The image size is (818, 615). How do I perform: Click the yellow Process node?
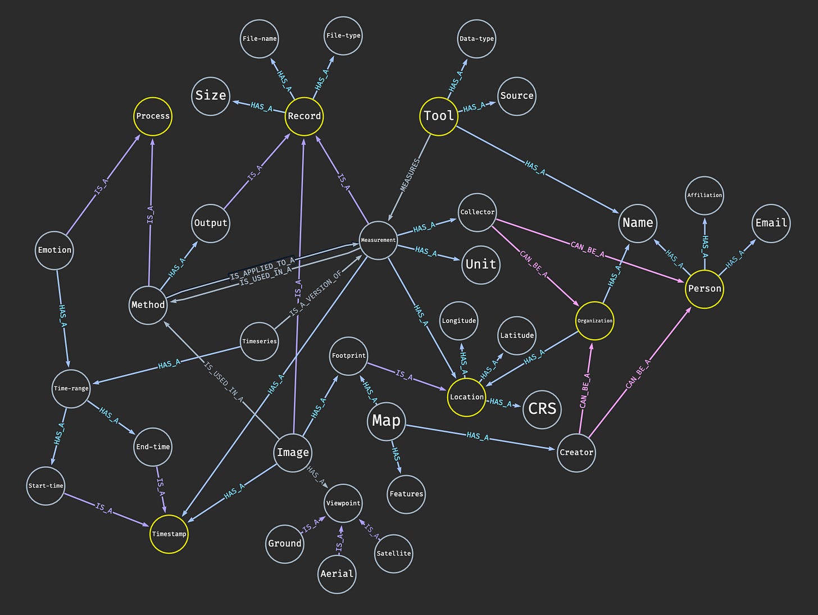(153, 116)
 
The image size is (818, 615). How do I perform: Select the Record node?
(304, 116)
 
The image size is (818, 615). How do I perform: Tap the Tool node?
(439, 116)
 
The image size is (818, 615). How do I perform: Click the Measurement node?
(378, 240)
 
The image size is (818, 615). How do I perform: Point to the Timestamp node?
(169, 534)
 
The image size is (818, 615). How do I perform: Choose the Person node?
(704, 289)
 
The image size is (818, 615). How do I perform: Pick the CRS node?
(542, 408)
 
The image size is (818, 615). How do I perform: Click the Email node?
(771, 223)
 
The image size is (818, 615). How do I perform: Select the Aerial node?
(337, 574)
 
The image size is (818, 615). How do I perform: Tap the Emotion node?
(54, 250)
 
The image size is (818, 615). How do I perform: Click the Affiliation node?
(704, 195)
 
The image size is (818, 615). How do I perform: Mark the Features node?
(406, 494)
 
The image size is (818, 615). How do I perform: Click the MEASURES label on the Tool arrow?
(410, 176)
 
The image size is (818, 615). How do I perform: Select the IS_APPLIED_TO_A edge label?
(262, 268)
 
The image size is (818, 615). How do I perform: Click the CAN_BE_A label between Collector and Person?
(587, 249)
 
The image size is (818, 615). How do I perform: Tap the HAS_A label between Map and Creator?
(478, 436)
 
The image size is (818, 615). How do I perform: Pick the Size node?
(211, 96)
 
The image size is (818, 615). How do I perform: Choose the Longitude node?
(459, 321)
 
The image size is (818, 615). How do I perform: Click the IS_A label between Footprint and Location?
(404, 375)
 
